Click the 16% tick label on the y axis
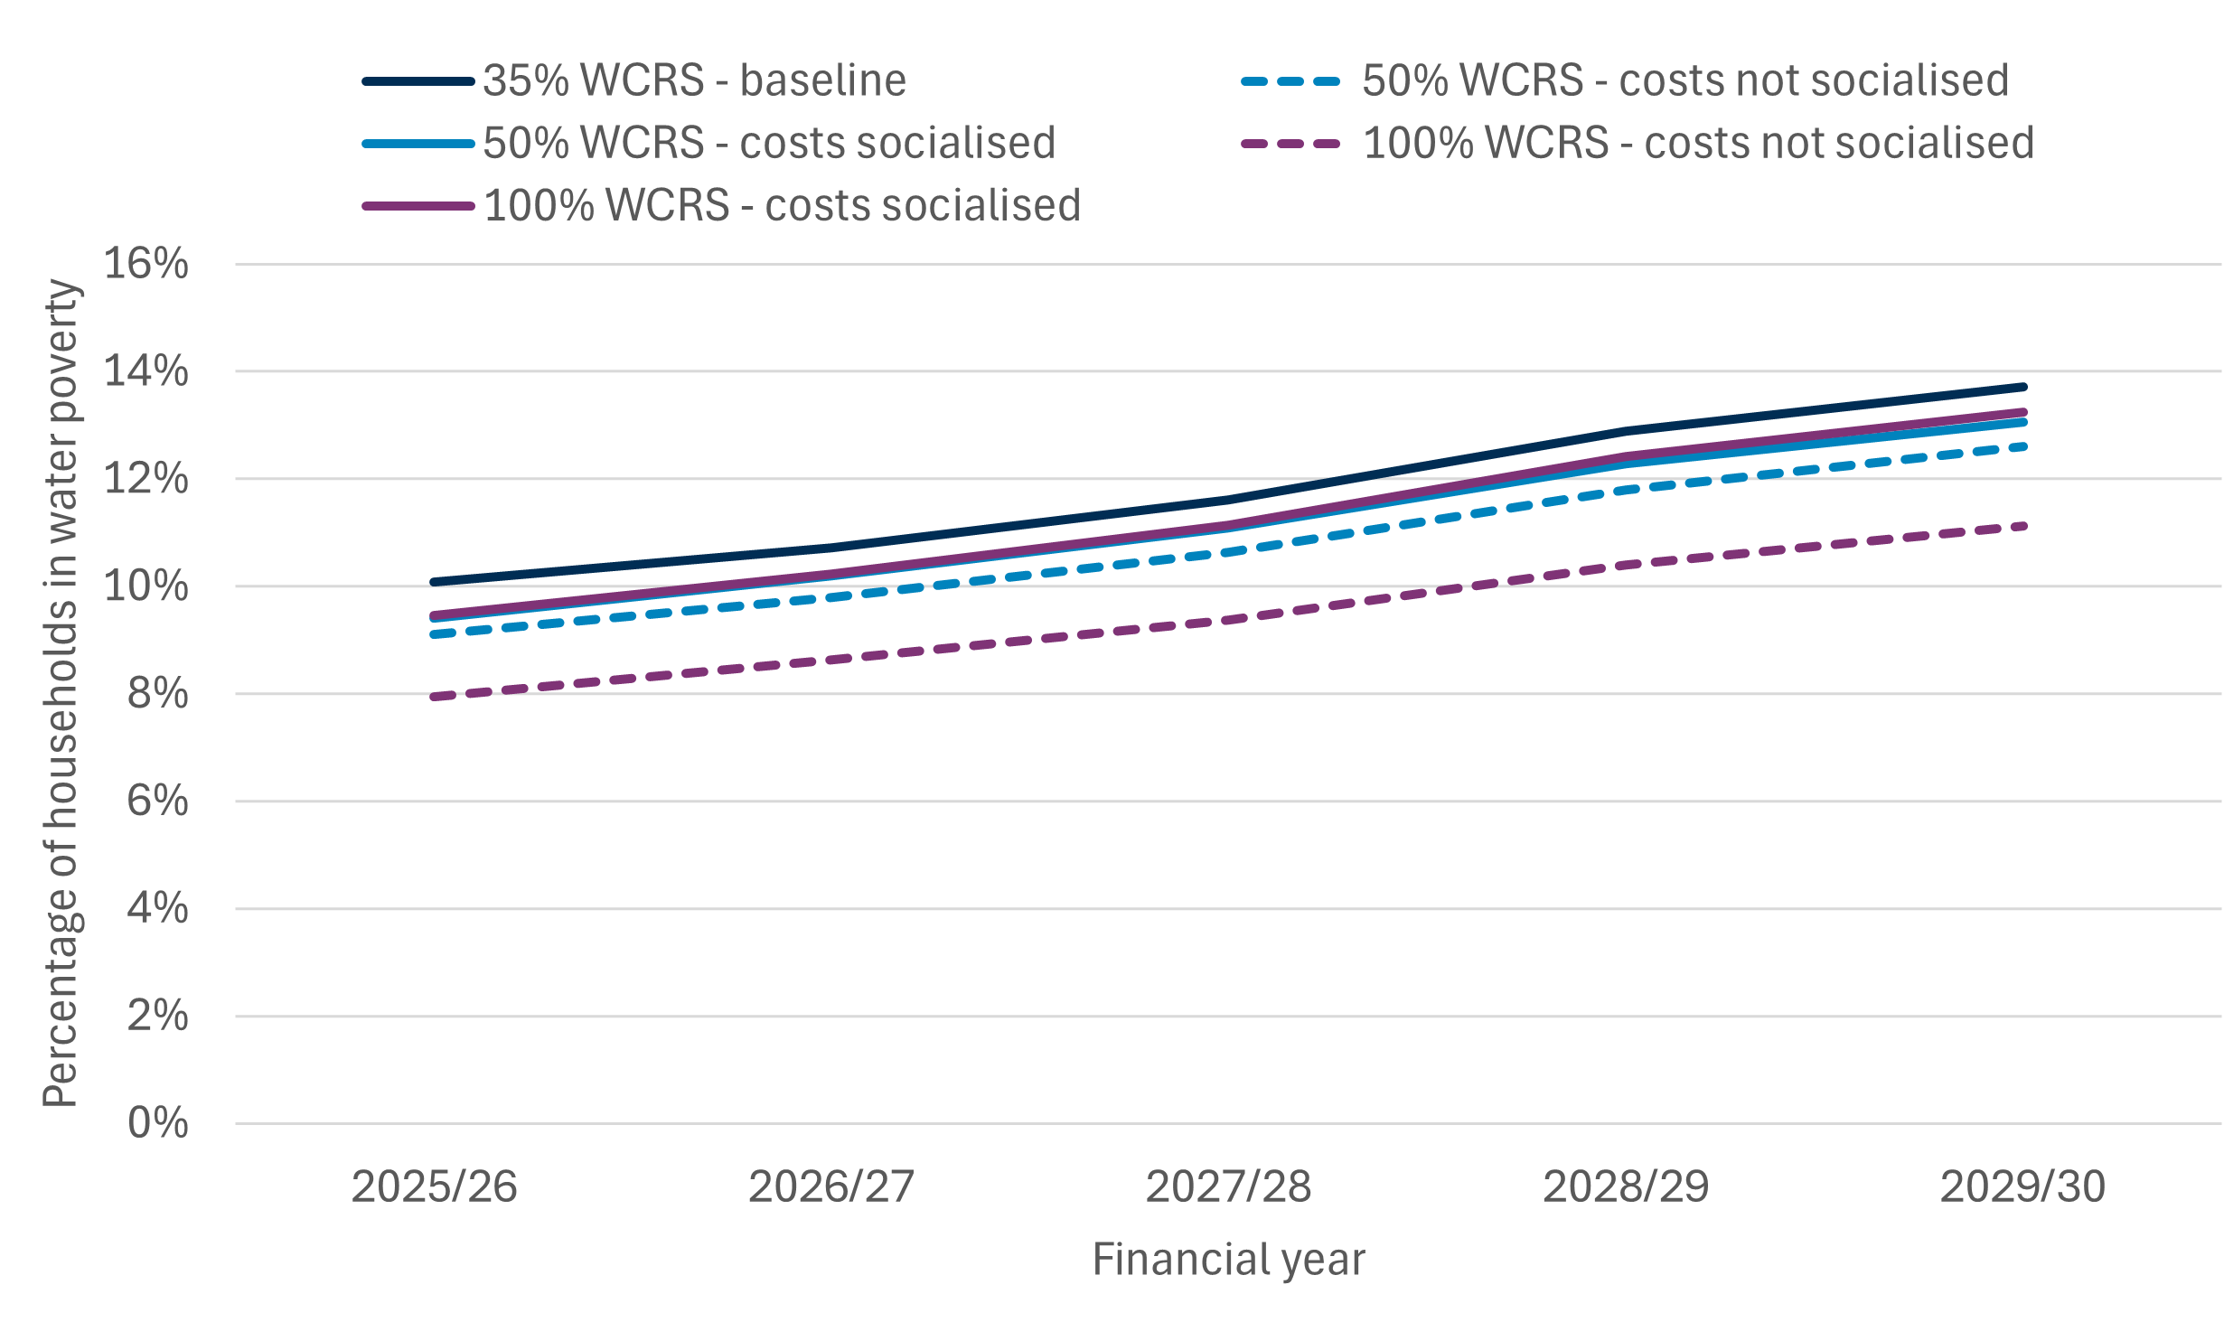coord(145,264)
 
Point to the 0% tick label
coord(157,1123)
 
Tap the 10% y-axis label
coord(145,586)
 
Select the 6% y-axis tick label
coord(157,801)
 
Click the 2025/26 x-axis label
coord(434,1186)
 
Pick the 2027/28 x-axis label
coord(1228,1186)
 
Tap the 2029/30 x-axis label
coord(2022,1186)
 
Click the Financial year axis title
coord(1228,1259)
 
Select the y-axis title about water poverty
coord(61,693)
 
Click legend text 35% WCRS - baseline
coord(694,80)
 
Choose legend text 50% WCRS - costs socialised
coord(769,143)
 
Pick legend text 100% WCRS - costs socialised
coord(782,205)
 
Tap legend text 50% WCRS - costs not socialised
coord(1685,80)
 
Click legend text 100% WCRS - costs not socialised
coord(1698,143)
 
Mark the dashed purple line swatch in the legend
coord(1290,144)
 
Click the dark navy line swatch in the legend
coord(418,81)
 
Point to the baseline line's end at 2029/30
coord(2022,388)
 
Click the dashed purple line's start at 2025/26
coord(435,697)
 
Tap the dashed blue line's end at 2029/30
coord(2022,446)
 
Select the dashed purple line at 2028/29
coord(1626,566)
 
